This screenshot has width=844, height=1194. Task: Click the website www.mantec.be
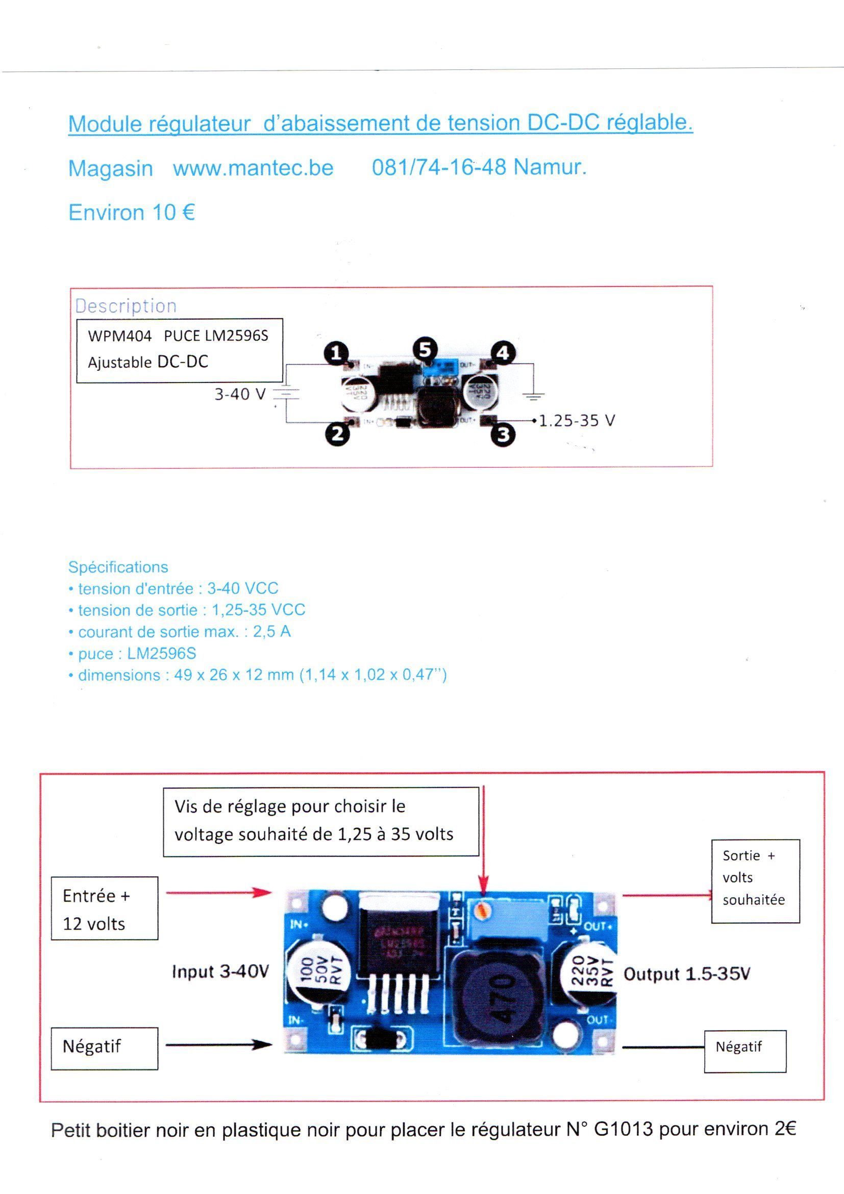253,169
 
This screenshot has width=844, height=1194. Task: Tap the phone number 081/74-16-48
439,168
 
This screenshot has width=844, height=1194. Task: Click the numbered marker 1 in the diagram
336,353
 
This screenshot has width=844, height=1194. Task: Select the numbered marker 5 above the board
425,349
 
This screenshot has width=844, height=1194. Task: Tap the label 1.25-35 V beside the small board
577,420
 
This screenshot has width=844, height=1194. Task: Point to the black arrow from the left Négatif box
219,1044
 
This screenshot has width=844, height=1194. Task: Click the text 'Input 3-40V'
220,971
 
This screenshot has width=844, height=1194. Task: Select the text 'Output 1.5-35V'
686,974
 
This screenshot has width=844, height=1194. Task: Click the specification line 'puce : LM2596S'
137,654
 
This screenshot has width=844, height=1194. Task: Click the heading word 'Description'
126,306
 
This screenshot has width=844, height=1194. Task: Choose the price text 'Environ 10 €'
132,212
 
